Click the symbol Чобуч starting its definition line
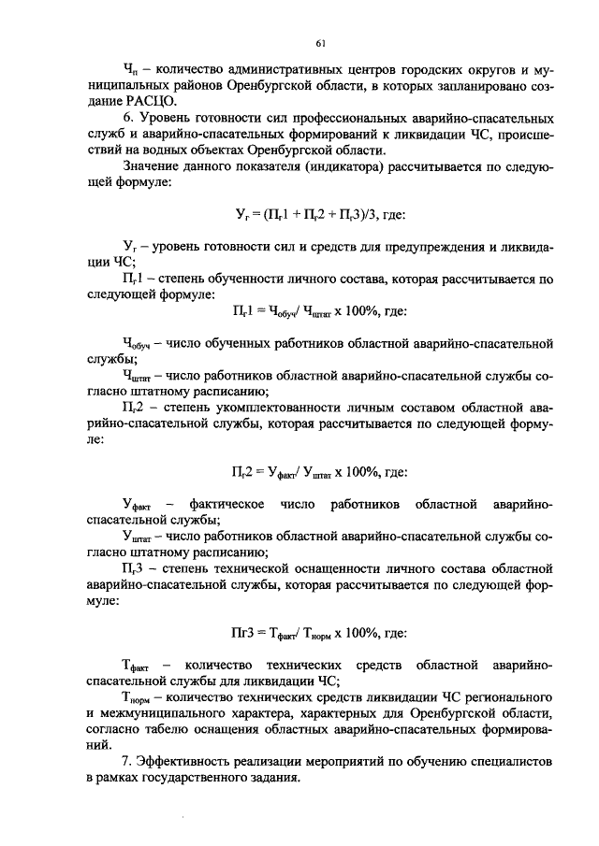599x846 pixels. [x=140, y=344]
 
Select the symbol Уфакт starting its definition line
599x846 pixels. [x=140, y=506]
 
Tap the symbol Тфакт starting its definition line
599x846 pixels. [x=140, y=667]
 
